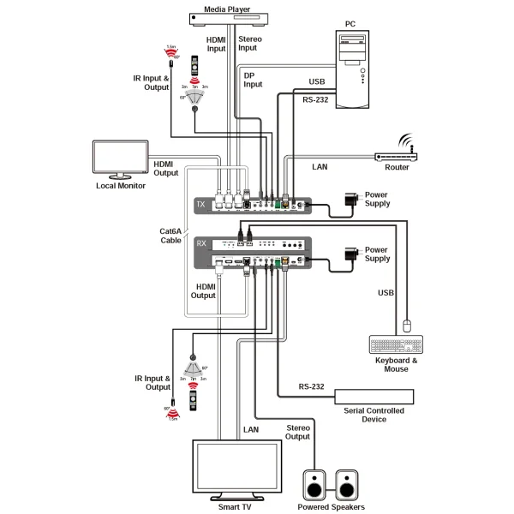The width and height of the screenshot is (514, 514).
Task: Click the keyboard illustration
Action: pos(397,344)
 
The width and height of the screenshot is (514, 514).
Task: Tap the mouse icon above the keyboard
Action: pos(409,325)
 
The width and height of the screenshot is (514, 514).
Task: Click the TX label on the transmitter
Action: pos(201,206)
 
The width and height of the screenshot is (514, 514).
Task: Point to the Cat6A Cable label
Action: pos(170,236)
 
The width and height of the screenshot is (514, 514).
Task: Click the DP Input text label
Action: pos(254,80)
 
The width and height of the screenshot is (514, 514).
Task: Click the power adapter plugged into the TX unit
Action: pos(350,198)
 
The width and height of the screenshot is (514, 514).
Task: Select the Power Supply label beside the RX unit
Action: pos(377,254)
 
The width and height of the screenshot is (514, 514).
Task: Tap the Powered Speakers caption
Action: pos(331,507)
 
